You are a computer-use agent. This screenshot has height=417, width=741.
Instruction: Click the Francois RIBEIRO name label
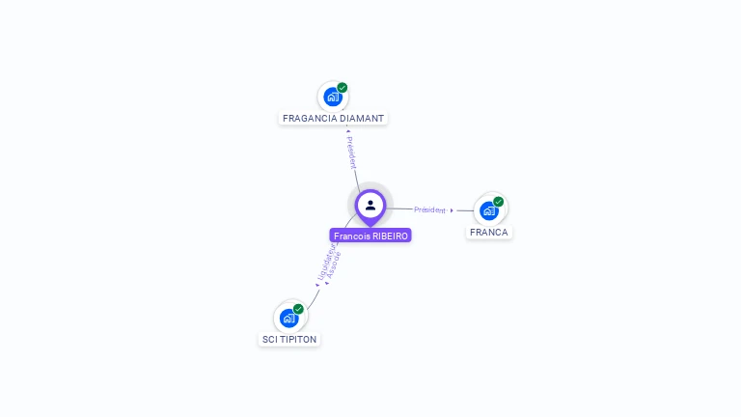coord(370,236)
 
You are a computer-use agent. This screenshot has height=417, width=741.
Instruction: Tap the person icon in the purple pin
coord(370,205)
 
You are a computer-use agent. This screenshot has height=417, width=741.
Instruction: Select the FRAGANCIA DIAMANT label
coord(333,119)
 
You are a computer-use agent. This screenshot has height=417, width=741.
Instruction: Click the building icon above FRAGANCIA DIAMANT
coord(332,97)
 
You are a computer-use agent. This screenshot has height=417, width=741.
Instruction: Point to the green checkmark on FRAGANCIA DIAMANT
coord(343,88)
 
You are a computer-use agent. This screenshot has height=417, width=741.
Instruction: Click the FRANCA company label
coord(489,233)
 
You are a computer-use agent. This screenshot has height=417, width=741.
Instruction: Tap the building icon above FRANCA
coord(488,210)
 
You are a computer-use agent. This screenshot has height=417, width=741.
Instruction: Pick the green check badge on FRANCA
coord(499,202)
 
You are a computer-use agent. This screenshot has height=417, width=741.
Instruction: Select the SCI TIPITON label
coord(289,340)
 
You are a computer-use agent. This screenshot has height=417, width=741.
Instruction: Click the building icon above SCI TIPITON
coord(288,318)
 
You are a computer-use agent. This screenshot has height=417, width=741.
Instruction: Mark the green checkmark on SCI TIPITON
coord(298,309)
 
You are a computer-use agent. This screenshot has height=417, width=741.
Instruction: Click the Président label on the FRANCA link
coord(429,209)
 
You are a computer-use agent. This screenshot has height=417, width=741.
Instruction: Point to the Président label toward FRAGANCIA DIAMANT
coord(351,153)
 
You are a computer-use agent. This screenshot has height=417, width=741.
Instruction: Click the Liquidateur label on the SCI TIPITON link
coord(325,262)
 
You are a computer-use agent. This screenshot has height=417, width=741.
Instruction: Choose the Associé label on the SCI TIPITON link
coord(334,265)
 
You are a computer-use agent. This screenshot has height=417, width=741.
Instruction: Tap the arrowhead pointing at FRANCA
coord(452,210)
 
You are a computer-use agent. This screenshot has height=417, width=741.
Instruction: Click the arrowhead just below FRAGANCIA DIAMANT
coord(347,129)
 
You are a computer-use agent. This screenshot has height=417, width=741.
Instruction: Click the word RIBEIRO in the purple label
coord(390,236)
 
